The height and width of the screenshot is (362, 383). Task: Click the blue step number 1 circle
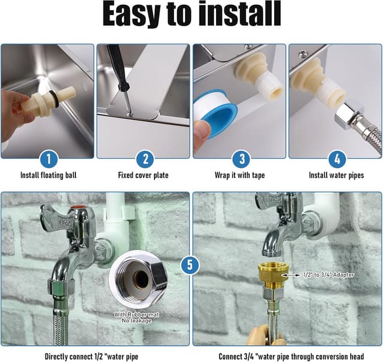(x=48, y=159)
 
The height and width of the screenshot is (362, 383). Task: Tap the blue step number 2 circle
(x=144, y=159)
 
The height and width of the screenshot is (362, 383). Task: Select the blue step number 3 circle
(x=241, y=159)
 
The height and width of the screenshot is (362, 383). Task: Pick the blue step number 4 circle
(x=337, y=159)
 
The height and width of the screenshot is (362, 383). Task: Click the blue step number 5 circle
(x=190, y=264)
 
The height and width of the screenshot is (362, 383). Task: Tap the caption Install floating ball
(x=48, y=176)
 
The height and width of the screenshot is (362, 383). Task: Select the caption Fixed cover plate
(x=144, y=176)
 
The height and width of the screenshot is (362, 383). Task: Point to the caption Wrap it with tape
(x=240, y=176)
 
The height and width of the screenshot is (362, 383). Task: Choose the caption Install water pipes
(x=336, y=176)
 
